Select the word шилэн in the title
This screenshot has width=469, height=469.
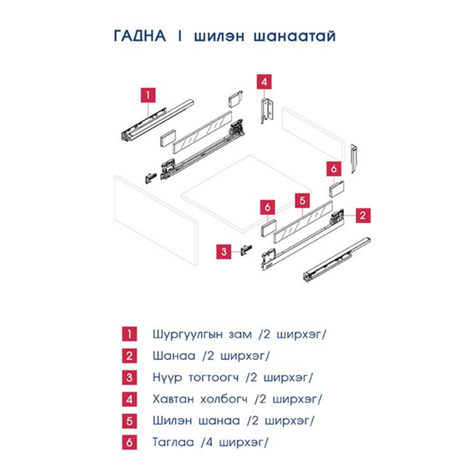(214, 37)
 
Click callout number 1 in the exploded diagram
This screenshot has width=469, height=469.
(148, 94)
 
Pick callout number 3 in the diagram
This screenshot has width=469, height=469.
(225, 252)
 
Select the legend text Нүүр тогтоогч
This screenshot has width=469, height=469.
(195, 378)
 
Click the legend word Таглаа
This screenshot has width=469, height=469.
(173, 441)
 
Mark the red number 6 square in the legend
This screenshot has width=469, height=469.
(128, 441)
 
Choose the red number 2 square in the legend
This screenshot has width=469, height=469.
(128, 356)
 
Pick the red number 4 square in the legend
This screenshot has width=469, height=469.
(128, 399)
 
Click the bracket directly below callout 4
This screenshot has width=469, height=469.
(265, 111)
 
